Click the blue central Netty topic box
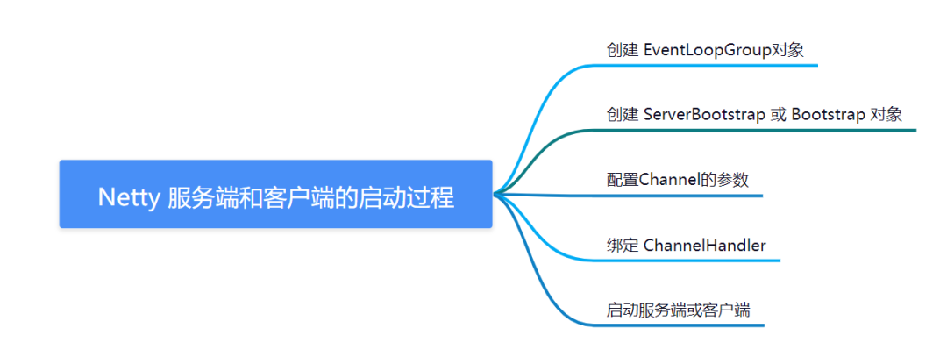275,194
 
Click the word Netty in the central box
127,197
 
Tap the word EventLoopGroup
704,50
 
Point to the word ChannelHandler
704,245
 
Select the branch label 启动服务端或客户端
678,310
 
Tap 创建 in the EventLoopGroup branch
622,50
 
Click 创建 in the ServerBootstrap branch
622,115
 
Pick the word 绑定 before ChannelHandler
622,245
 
